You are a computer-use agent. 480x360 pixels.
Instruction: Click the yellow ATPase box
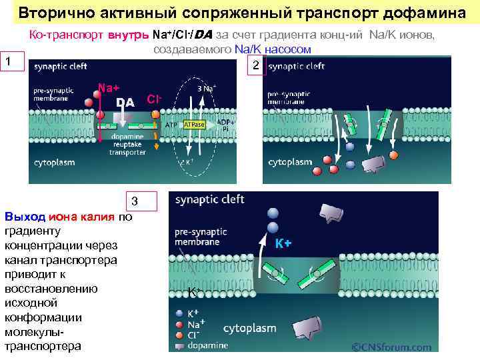pyautogui.click(x=194, y=125)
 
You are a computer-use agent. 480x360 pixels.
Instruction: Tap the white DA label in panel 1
pyautogui.click(x=125, y=102)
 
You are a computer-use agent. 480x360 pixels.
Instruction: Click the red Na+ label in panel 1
pyautogui.click(x=109, y=87)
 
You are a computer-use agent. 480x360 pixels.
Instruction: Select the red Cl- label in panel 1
pyautogui.click(x=155, y=99)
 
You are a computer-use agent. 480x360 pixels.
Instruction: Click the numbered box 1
pyautogui.click(x=9, y=62)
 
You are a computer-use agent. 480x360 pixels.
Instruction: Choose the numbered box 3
pyautogui.click(x=134, y=201)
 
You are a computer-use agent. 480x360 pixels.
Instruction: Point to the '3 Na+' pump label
pyautogui.click(x=206, y=88)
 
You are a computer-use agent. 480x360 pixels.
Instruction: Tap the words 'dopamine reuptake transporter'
pyautogui.click(x=127, y=144)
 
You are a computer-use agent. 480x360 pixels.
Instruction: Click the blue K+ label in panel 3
pyautogui.click(x=283, y=243)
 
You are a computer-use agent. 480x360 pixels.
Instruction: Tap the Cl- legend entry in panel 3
pyautogui.click(x=193, y=335)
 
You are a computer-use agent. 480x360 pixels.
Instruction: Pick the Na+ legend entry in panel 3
pyautogui.click(x=195, y=324)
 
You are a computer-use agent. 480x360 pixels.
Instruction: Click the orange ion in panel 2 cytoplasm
pyautogui.click(x=393, y=155)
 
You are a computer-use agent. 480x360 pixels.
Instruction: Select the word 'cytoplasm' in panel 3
pyautogui.click(x=249, y=328)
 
